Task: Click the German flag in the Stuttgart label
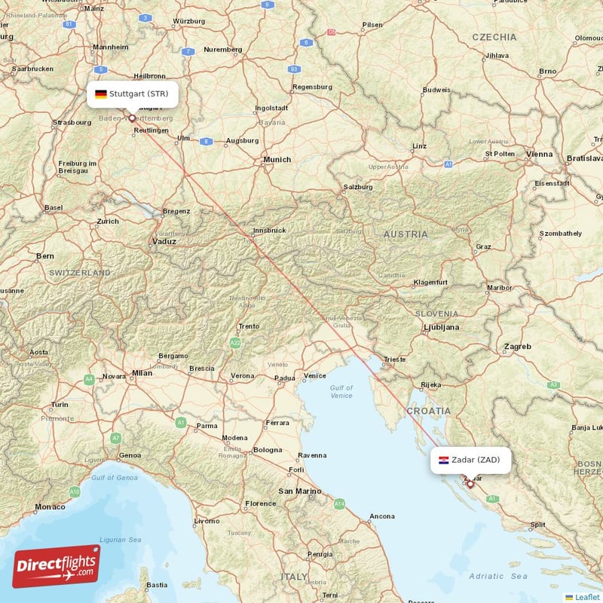[x=100, y=94]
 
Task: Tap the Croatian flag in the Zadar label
[x=444, y=460]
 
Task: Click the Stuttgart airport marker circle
[x=132, y=118]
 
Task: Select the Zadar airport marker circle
[x=470, y=484]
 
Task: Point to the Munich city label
[x=277, y=160]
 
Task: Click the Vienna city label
[x=540, y=155]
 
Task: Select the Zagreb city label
[x=518, y=347]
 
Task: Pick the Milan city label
[x=142, y=372]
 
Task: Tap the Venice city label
[x=314, y=375]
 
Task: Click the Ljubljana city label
[x=442, y=328]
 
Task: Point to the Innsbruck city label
[x=269, y=230]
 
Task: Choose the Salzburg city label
[x=358, y=187]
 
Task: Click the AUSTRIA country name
[x=406, y=234]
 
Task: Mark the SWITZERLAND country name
[x=80, y=273]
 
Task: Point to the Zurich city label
[x=108, y=222]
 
